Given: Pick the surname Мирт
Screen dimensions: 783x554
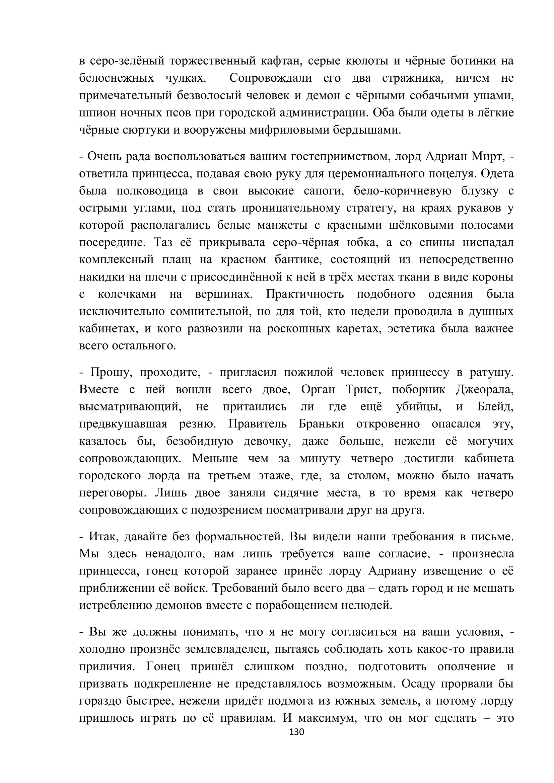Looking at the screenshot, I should (x=487, y=156).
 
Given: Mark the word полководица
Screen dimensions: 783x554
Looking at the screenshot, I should (x=152, y=190).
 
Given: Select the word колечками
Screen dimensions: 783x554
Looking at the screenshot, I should (x=127, y=294).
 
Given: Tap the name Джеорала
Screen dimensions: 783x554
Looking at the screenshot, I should (x=484, y=389).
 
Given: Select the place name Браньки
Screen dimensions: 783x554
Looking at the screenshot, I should (x=321, y=424).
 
